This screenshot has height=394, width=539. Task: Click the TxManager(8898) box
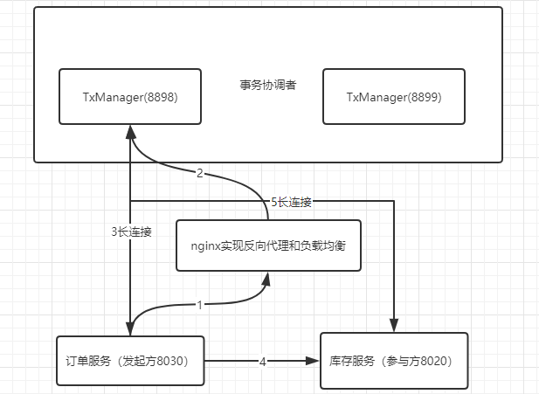pyautogui.click(x=129, y=96)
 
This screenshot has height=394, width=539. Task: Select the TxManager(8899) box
pyautogui.click(x=394, y=96)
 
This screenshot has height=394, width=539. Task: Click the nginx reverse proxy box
pyautogui.click(x=268, y=245)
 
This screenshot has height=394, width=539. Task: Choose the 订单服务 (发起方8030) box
pyautogui.click(x=129, y=360)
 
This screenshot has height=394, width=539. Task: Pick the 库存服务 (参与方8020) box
pyautogui.click(x=394, y=360)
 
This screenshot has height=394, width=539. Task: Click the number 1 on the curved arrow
pyautogui.click(x=199, y=306)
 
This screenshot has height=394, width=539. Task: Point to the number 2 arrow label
pyautogui.click(x=199, y=173)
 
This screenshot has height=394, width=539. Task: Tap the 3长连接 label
pyautogui.click(x=131, y=232)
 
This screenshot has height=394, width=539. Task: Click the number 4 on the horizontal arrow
pyautogui.click(x=262, y=360)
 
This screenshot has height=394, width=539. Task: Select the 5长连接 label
pyautogui.click(x=291, y=201)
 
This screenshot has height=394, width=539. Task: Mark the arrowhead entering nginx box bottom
pyautogui.click(x=268, y=279)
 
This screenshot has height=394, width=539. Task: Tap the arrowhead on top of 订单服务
pyautogui.click(x=130, y=328)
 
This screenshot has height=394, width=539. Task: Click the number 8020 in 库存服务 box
pyautogui.click(x=439, y=361)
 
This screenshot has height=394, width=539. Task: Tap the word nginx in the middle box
pyautogui.click(x=205, y=245)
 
